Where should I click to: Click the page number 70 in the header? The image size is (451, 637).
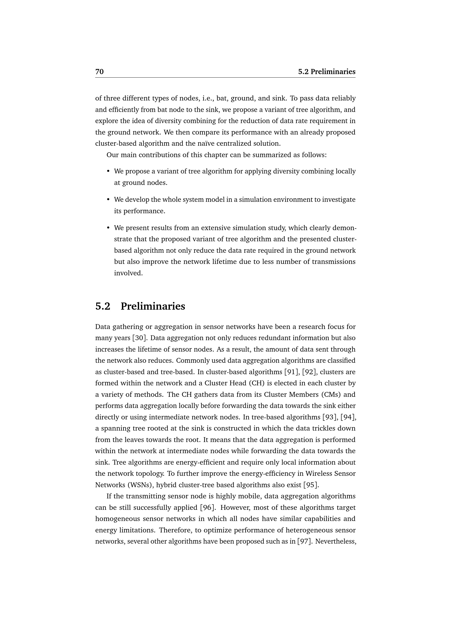point(100,72)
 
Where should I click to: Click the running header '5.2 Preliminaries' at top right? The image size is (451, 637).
point(327,72)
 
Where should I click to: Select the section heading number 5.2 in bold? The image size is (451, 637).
point(103,306)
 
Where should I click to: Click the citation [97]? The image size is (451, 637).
point(304,542)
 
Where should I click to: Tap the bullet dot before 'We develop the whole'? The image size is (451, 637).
point(108,199)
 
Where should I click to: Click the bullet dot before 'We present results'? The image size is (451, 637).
point(108,228)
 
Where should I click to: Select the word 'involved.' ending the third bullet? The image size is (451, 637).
point(128,273)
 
